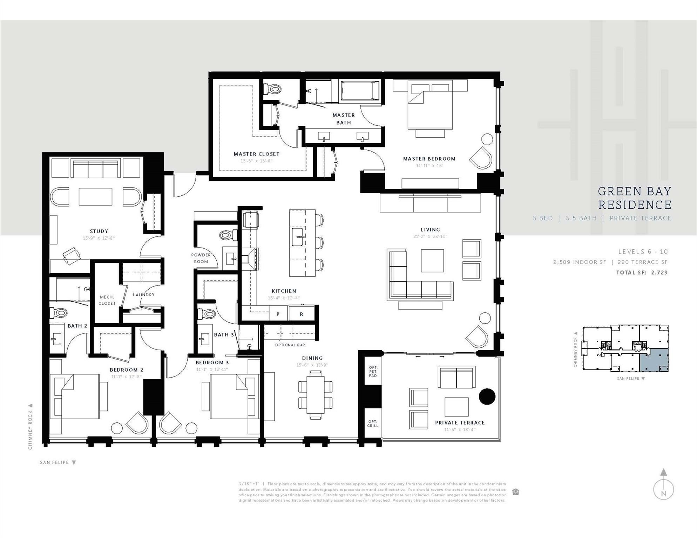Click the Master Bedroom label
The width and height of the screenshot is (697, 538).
coord(429,159)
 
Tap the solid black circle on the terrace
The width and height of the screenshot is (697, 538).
coord(487,396)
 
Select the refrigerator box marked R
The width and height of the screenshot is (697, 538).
coord(301,314)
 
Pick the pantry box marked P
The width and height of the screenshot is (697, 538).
coord(278,314)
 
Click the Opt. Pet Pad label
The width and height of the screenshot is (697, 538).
coord(373,372)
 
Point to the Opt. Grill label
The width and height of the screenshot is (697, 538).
coord(373,423)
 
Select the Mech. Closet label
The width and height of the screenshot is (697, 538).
coord(107,300)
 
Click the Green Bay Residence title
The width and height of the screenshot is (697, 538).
coord(635,198)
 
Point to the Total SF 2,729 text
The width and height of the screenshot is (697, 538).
coord(642,273)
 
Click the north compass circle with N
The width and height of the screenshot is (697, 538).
coord(663,489)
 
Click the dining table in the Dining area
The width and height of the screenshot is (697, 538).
coord(315,395)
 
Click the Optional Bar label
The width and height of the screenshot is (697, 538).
coord(290,345)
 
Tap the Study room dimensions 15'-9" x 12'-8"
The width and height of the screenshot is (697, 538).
coord(99,238)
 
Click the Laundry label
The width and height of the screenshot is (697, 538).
coord(144,295)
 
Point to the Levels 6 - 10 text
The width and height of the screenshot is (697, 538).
coord(643,251)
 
